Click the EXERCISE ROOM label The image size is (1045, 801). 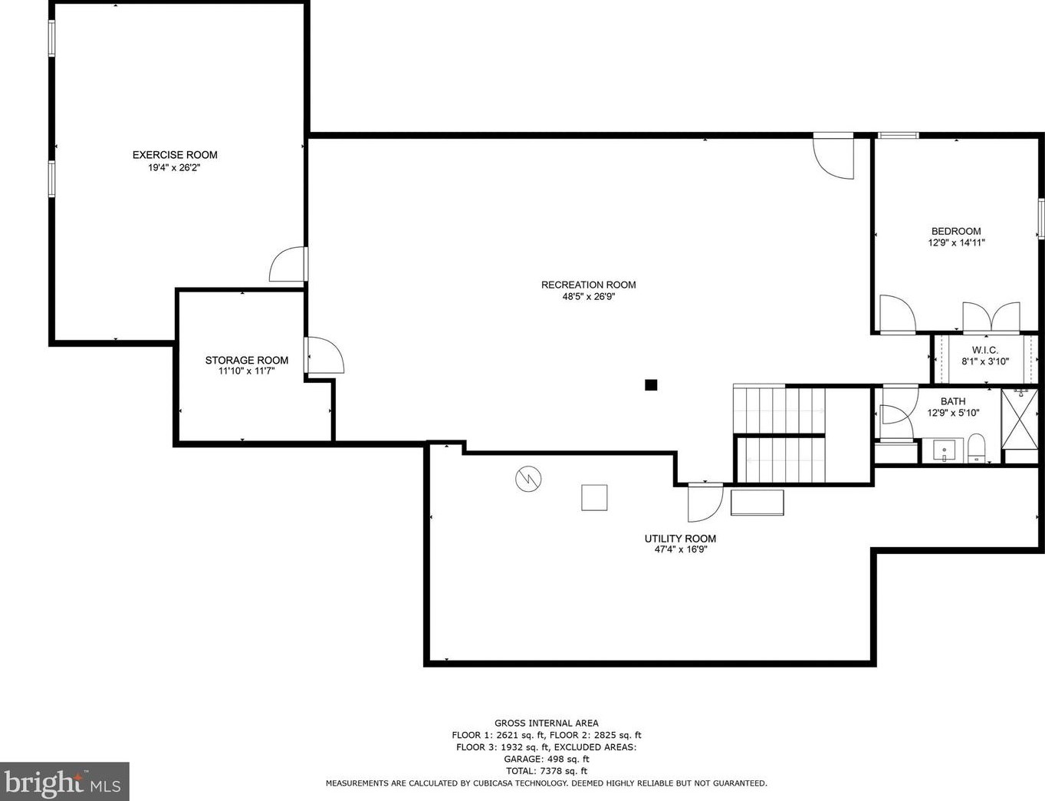click(x=175, y=155)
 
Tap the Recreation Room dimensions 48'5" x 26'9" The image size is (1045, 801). click(x=589, y=297)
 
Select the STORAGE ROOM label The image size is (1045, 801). click(x=247, y=360)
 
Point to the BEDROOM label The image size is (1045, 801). click(x=956, y=231)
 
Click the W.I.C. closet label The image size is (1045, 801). click(x=985, y=350)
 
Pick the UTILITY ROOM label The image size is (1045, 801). click(x=680, y=539)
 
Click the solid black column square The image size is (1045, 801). click(x=651, y=385)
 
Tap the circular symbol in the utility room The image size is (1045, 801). click(x=528, y=479)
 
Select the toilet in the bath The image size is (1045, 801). click(x=976, y=447)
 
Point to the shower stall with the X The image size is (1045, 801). click(x=1020, y=419)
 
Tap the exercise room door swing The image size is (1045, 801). click(x=288, y=264)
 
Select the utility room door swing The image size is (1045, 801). click(x=705, y=503)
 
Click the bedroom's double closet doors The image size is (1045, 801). click(x=991, y=318)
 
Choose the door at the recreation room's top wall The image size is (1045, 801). click(x=833, y=157)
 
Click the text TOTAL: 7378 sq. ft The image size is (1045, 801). click(x=547, y=771)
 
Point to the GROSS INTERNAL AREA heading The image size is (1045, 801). click(x=547, y=723)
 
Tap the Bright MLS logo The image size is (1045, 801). click(x=64, y=782)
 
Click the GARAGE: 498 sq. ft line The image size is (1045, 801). click(x=547, y=759)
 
